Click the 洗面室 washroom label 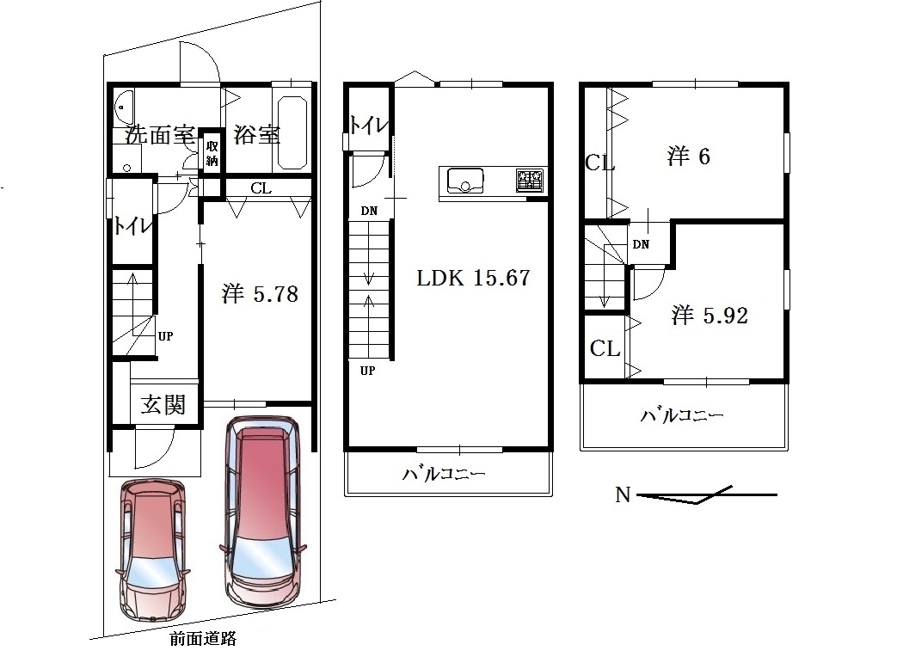pyautogui.click(x=160, y=135)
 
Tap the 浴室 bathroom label pyautogui.click(x=257, y=135)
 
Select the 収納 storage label pyautogui.click(x=212, y=153)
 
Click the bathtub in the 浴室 pyautogui.click(x=292, y=132)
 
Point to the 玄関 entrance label pyautogui.click(x=163, y=404)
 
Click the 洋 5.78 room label pyautogui.click(x=261, y=294)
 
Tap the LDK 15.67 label pyautogui.click(x=473, y=278)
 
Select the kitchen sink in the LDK pyautogui.click(x=464, y=181)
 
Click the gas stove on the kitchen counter pyautogui.click(x=529, y=180)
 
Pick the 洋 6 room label pyautogui.click(x=689, y=157)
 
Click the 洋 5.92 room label pyautogui.click(x=710, y=316)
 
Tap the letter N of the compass pyautogui.click(x=623, y=494)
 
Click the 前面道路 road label pyautogui.click(x=203, y=639)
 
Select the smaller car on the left pyautogui.click(x=153, y=550)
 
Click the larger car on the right pyautogui.click(x=262, y=512)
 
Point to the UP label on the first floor pyautogui.click(x=165, y=336)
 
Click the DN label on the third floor pyautogui.click(x=641, y=244)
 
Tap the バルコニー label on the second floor pyautogui.click(x=444, y=474)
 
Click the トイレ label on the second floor pyautogui.click(x=369, y=126)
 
